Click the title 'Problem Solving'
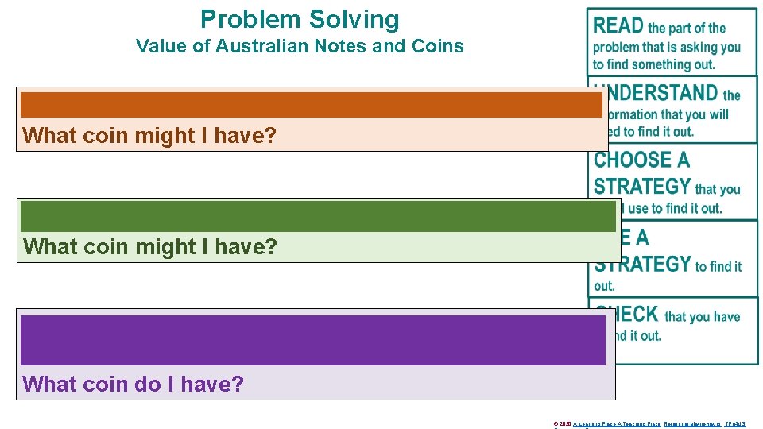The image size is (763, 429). pyautogui.click(x=300, y=19)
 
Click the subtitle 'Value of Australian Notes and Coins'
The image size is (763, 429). pyautogui.click(x=300, y=46)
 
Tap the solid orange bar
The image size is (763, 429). pyautogui.click(x=311, y=105)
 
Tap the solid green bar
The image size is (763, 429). pyautogui.click(x=318, y=216)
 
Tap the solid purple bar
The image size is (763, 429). pyautogui.click(x=313, y=340)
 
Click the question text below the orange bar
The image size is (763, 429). pyautogui.click(x=150, y=136)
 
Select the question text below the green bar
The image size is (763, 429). pyautogui.click(x=150, y=247)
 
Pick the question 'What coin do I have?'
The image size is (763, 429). pyautogui.click(x=134, y=385)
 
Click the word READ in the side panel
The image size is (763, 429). pyautogui.click(x=618, y=26)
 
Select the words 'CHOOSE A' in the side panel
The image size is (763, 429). pyautogui.click(x=641, y=160)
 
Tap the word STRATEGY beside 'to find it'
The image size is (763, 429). pyautogui.click(x=642, y=264)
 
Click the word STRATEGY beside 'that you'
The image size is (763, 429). pyautogui.click(x=642, y=187)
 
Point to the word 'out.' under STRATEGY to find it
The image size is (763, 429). pyautogui.click(x=605, y=286)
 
